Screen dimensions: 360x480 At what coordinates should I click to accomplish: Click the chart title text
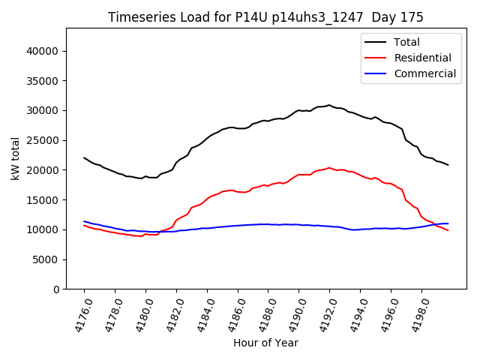265,17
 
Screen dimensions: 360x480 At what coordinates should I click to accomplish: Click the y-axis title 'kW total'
16,159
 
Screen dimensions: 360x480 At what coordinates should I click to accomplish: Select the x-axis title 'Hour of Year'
265,343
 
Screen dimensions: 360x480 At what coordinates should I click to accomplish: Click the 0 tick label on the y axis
57,289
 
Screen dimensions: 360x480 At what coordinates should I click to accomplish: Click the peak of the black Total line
329,105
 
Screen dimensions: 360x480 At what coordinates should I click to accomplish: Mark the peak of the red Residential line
329,168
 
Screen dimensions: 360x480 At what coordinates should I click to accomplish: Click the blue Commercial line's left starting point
84,221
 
